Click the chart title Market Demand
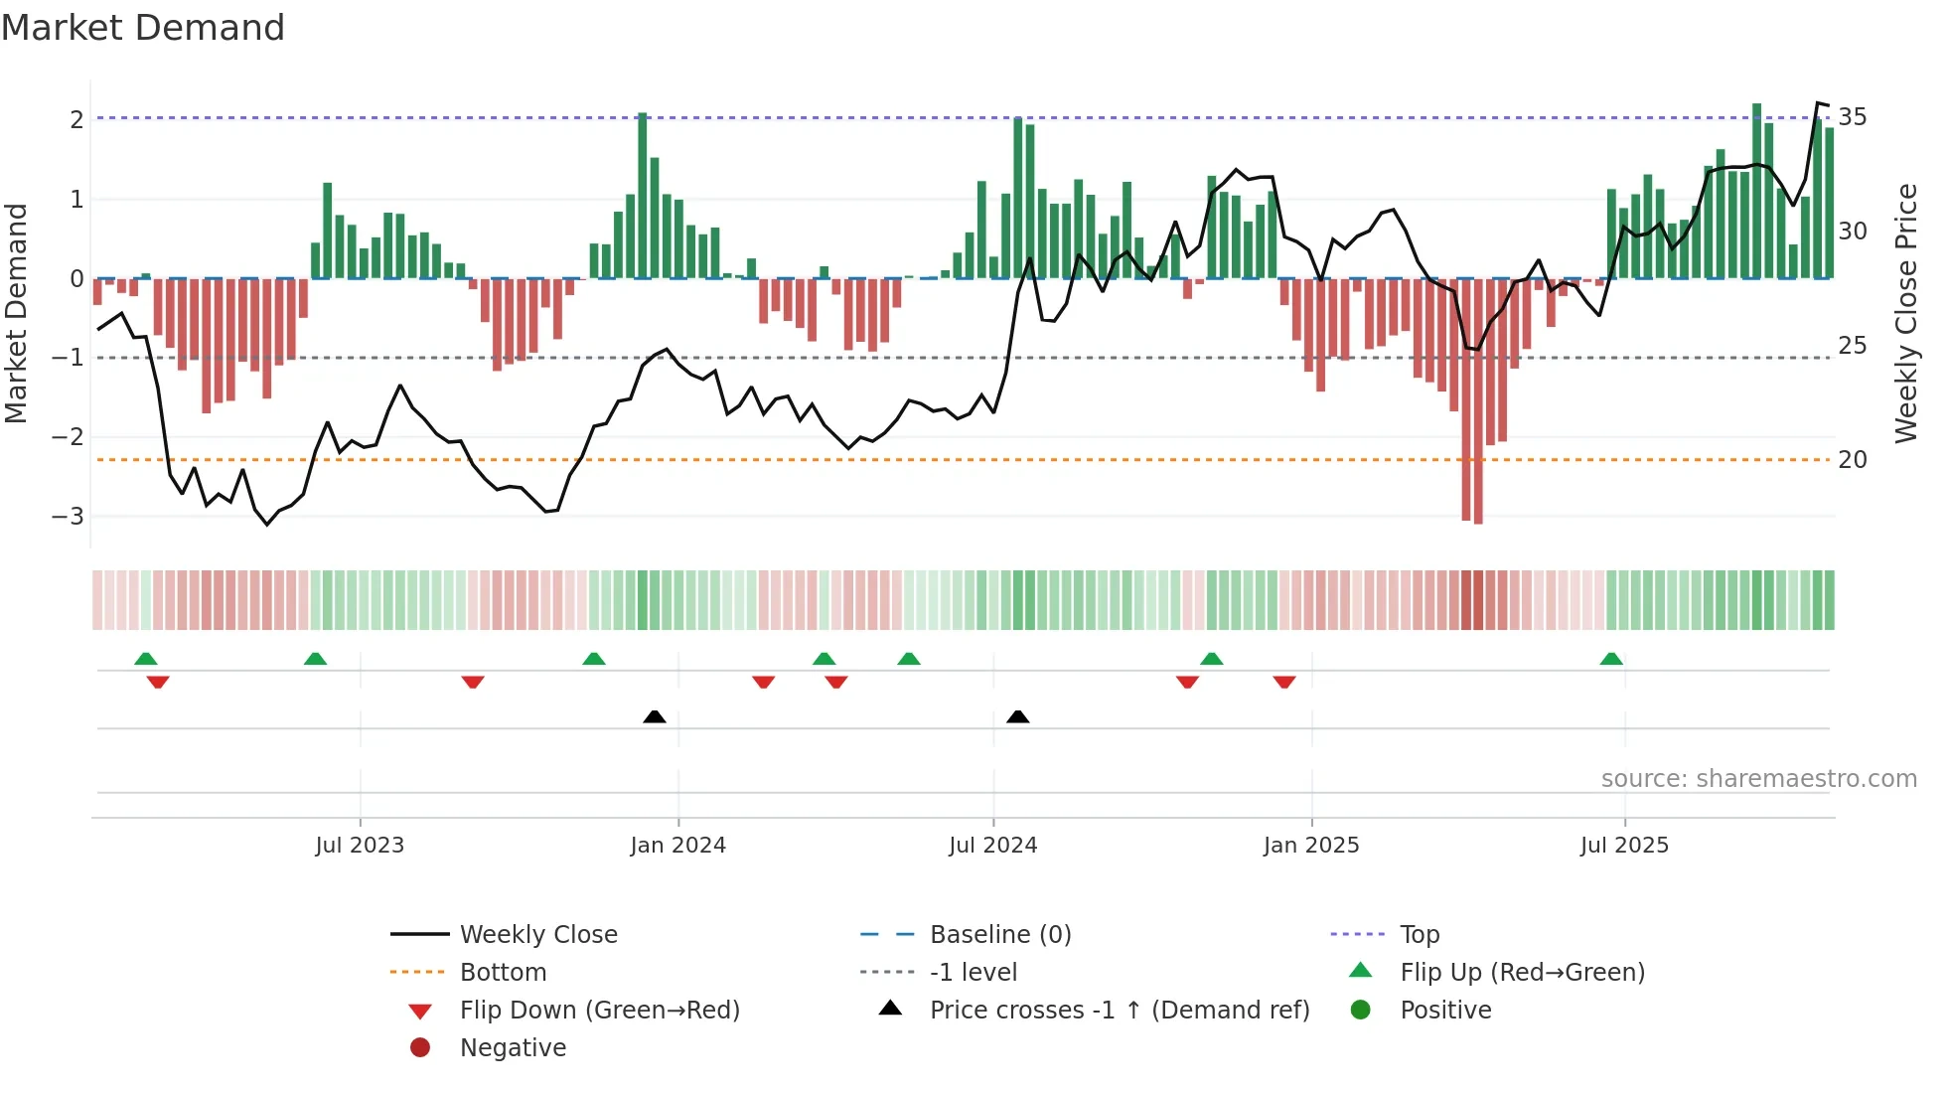[x=143, y=28]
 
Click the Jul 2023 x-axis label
[x=360, y=846]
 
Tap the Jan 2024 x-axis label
[x=677, y=846]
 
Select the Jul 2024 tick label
[x=992, y=846]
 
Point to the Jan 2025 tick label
[x=1311, y=846]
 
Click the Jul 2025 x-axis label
[x=1624, y=846]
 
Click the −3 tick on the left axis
[x=69, y=517]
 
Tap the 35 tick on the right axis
[x=1853, y=117]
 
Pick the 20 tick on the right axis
[x=1853, y=460]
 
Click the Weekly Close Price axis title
[x=1905, y=313]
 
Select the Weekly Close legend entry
[x=537, y=935]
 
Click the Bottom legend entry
[x=503, y=973]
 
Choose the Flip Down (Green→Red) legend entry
[x=599, y=1011]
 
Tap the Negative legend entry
[x=513, y=1048]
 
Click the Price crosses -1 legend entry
[x=1119, y=1011]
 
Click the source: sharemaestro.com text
[x=1758, y=779]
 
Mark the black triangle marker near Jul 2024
[x=1017, y=716]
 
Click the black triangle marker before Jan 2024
[x=655, y=716]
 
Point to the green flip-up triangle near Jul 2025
[x=1611, y=659]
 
